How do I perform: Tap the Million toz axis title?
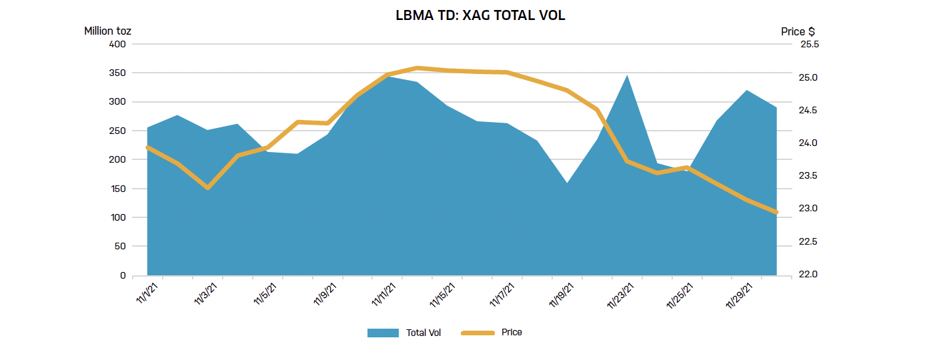107,31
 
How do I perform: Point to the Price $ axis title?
798,31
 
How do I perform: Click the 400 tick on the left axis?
117,44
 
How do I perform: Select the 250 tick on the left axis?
117,131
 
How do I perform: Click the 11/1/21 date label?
148,294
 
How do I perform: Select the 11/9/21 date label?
326,294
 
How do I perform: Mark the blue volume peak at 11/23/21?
628,76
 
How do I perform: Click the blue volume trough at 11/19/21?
568,183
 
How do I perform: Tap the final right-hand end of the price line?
776,213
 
